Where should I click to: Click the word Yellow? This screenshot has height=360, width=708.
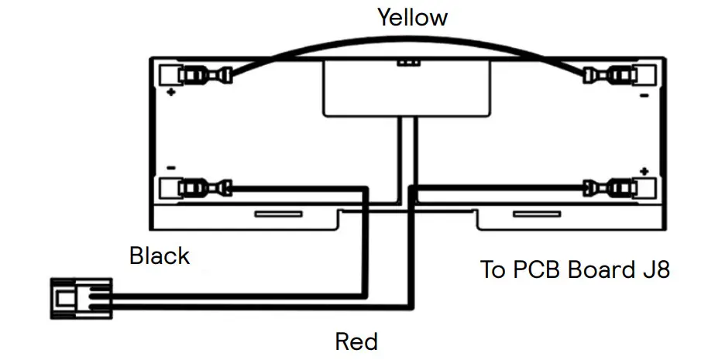point(412,17)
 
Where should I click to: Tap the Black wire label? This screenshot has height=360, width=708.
point(160,255)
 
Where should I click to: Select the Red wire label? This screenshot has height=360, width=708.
point(356,341)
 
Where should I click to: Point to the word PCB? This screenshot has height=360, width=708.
point(540,270)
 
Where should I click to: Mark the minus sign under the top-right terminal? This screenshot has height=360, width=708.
point(643,97)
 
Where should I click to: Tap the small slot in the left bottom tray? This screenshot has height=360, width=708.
point(280,213)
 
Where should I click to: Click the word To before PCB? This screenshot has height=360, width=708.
point(493,270)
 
